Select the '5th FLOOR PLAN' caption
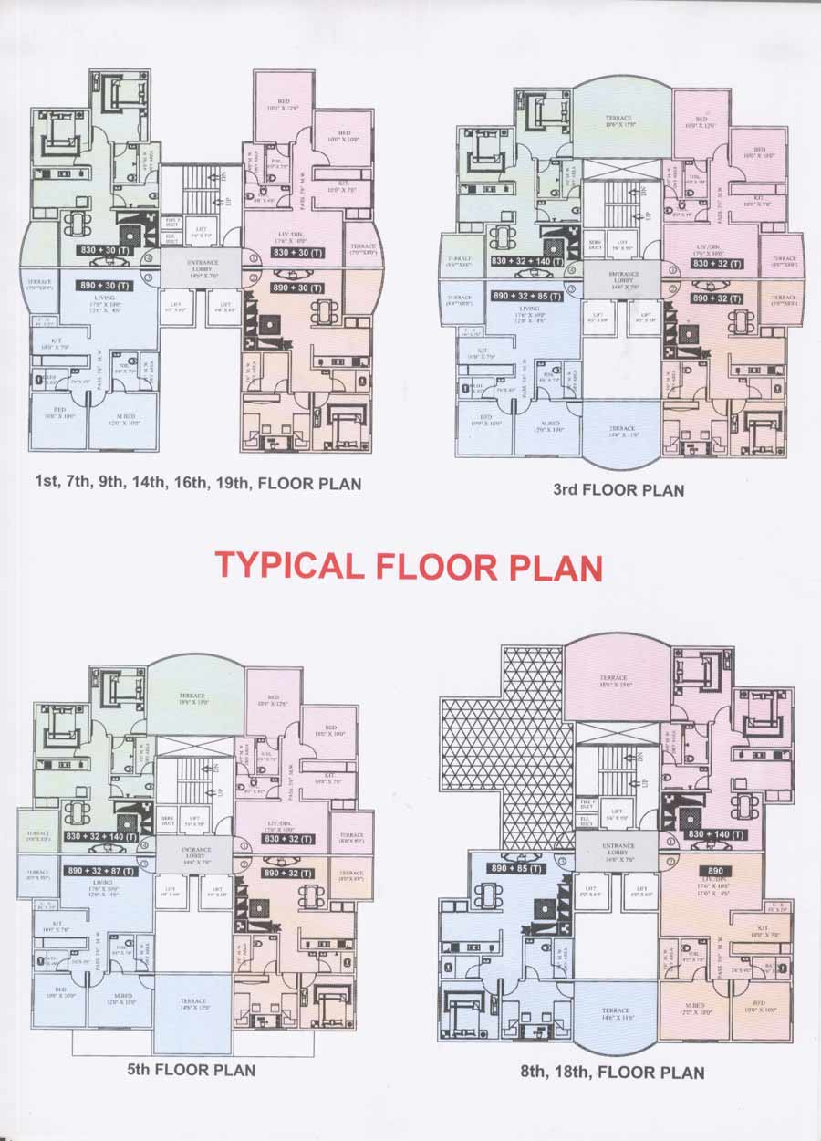point(191,1069)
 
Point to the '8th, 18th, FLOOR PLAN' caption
point(612,1072)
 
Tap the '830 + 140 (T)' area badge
point(714,834)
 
